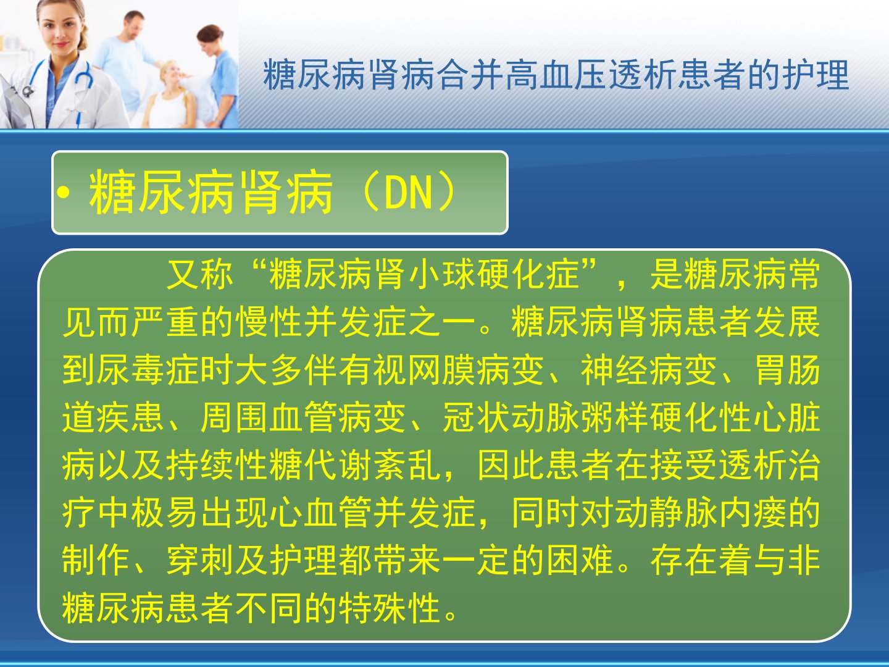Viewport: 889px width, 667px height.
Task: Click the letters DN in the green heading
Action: point(409,193)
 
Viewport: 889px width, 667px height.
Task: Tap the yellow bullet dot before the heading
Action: point(63,193)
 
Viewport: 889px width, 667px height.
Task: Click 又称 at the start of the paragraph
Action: point(200,275)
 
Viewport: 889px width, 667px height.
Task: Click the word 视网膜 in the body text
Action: point(425,369)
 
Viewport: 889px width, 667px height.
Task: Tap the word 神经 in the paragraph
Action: point(614,369)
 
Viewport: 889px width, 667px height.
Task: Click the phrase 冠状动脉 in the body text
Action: point(511,417)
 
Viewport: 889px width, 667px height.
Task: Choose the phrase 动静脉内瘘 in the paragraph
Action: point(701,513)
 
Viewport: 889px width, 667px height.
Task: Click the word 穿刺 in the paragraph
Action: point(200,561)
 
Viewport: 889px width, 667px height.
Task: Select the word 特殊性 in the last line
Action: point(390,608)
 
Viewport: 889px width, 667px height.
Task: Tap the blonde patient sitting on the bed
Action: point(170,95)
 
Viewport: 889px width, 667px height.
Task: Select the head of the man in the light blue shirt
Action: point(133,23)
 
